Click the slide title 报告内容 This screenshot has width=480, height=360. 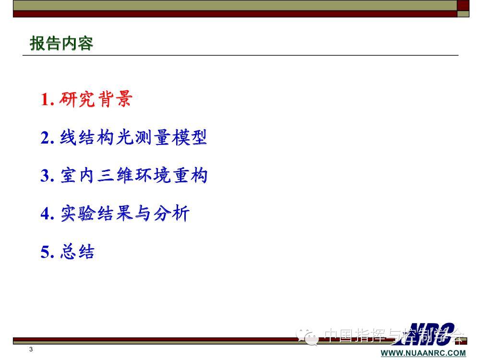coord(61,43)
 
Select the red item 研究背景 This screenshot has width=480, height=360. coord(96,99)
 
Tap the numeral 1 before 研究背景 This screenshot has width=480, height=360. coord(45,99)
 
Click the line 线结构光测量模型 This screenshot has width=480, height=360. coord(133,137)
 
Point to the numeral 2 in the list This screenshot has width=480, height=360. coord(45,137)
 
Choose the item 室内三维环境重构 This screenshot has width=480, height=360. coord(134,175)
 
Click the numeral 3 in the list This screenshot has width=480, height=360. coord(45,176)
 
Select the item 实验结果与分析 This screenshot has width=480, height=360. coord(125,213)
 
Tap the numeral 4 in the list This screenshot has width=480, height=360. coord(45,214)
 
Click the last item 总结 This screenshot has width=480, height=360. coord(77,252)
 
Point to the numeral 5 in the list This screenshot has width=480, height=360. coord(45,252)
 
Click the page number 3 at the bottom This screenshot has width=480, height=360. coord(31,349)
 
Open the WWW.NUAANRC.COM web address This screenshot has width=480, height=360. coord(423,353)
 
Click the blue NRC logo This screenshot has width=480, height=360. coord(429,334)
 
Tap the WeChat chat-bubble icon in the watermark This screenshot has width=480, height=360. coord(307,336)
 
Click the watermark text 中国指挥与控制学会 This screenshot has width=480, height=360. coord(394,336)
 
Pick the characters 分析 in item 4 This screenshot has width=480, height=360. coord(171,213)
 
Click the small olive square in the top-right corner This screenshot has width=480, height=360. coord(463,14)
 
